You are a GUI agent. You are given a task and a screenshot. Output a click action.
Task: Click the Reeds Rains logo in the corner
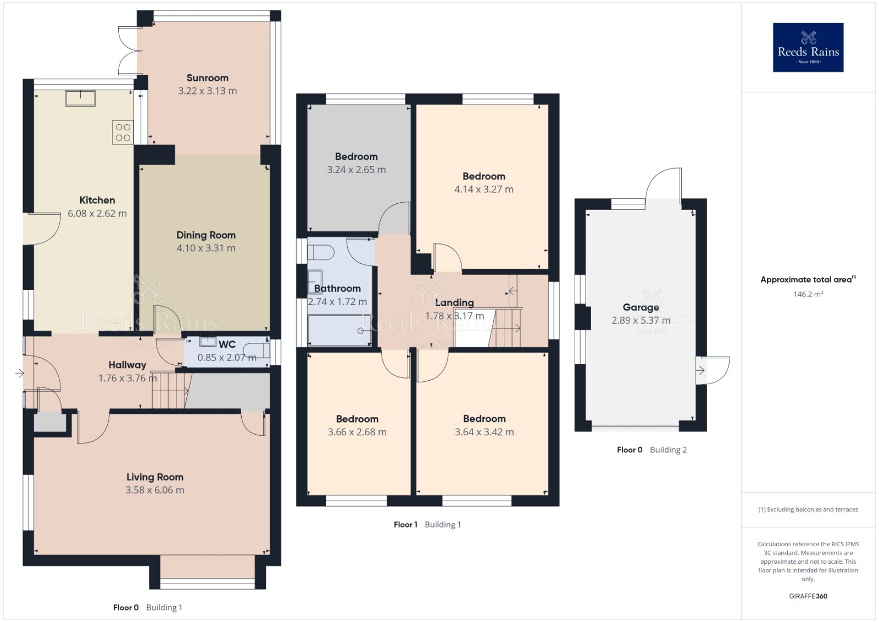[x=808, y=47]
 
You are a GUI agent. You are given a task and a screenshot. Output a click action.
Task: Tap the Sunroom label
[x=207, y=78]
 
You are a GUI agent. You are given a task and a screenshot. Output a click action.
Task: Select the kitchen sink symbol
[x=80, y=98]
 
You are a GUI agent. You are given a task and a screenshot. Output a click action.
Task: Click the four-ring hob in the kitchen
[x=123, y=132]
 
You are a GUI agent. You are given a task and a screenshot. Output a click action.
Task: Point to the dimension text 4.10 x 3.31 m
[x=206, y=248]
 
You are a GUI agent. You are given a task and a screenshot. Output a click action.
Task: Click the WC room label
[x=227, y=345]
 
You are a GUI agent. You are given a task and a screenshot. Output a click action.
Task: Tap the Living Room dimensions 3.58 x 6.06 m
[x=155, y=490]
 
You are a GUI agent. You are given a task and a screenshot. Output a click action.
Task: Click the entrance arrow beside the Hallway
[x=19, y=374]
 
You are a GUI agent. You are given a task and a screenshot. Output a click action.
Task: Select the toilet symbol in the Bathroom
[x=321, y=253]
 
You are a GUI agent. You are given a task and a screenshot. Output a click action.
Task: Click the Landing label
[x=454, y=303]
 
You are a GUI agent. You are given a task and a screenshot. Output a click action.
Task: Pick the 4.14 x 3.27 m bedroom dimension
[x=483, y=190]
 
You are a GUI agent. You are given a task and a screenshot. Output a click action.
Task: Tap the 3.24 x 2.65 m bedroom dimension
[x=356, y=170]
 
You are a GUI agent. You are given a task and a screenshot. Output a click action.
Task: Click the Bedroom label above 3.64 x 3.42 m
[x=484, y=419]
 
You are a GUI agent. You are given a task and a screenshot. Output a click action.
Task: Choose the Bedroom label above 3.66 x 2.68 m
[x=357, y=419]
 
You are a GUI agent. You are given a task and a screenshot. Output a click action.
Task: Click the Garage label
[x=641, y=308]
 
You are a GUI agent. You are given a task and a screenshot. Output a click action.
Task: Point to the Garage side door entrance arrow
[x=700, y=371]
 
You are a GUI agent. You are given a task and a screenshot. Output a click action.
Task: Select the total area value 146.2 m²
[x=808, y=295]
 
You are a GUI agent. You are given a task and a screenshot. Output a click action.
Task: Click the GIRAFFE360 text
[x=808, y=596]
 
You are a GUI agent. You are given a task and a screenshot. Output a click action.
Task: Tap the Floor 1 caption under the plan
[x=405, y=525]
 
